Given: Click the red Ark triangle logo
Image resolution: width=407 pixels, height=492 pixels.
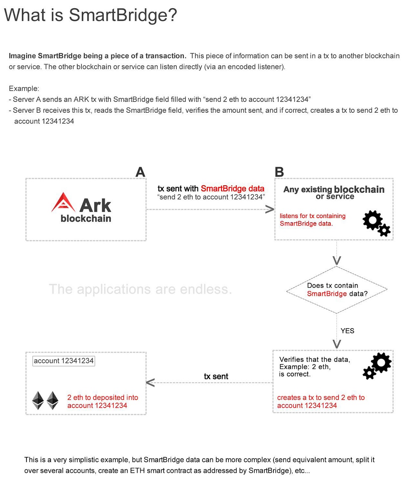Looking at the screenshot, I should pos(63,202).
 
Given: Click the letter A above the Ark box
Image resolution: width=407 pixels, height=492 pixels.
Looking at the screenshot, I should pos(140,172).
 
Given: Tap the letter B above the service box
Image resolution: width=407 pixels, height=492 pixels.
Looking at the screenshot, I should pos(279,172).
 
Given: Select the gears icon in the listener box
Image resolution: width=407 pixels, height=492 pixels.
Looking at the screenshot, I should pos(376,223).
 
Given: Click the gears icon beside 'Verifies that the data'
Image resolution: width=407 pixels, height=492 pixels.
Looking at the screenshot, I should pos(377,366).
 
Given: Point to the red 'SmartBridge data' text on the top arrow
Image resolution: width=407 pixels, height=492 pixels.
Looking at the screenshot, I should pos(233,189).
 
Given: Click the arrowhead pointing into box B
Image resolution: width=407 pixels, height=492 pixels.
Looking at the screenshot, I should pos(269,209).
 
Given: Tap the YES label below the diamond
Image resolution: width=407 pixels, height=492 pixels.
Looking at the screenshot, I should pos(347,331).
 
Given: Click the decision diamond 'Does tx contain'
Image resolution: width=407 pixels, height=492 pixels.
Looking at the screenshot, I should pos(337,290).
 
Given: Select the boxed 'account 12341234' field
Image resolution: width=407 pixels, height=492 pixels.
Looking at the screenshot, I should pos(64,361).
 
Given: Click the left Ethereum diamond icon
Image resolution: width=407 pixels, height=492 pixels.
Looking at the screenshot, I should pos(38,400).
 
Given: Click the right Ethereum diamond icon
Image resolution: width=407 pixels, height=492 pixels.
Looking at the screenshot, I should pos(52,400).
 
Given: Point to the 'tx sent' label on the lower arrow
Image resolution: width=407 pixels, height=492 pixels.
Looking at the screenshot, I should pos(216,377).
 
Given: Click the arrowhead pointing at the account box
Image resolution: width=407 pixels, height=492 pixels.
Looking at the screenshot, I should pos(150,383).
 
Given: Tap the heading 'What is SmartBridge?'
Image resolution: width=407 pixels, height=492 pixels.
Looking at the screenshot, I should pos(90,15).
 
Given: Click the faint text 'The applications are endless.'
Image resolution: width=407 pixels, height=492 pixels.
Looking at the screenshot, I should pos(140,289).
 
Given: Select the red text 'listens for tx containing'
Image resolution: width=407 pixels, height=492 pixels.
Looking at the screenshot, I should pos(313,216).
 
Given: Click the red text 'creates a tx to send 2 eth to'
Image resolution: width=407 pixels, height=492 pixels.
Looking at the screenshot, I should pos(321,397).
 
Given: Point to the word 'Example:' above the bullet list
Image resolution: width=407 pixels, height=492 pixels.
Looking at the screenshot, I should pos(24,89).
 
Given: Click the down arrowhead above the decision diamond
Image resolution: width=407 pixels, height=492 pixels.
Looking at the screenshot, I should pos(337,260).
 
